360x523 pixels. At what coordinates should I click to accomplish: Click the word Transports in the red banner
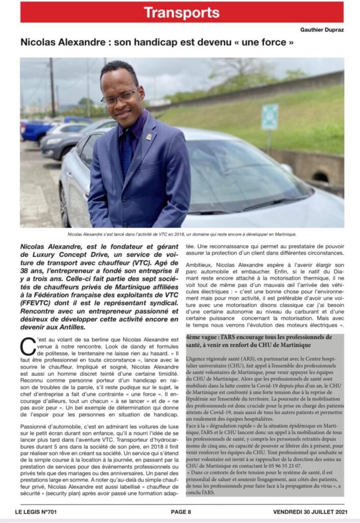(x=181, y=12)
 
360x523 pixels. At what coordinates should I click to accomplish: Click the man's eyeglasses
(x=119, y=96)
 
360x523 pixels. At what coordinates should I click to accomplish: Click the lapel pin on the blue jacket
(x=149, y=137)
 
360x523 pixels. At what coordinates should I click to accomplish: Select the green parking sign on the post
(x=270, y=117)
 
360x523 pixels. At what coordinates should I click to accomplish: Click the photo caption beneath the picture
(x=182, y=234)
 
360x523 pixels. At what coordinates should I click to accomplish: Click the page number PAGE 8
(x=181, y=512)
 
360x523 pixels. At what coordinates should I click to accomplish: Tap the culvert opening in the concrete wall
(x=321, y=176)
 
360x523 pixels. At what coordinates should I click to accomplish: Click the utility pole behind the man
(x=52, y=87)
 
